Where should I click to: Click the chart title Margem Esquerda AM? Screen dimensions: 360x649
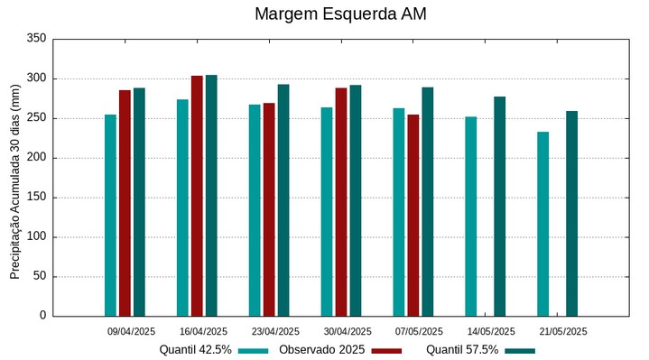pos(340,14)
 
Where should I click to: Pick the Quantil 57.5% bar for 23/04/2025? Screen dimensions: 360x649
pos(283,200)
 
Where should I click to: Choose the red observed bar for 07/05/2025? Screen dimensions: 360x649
pos(413,215)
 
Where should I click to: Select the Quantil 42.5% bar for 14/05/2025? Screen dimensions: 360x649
pos(471,217)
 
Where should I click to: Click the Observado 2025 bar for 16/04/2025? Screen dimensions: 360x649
pos(197,196)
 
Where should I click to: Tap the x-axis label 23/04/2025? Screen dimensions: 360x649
pos(275,331)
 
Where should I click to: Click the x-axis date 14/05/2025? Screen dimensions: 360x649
pos(492,331)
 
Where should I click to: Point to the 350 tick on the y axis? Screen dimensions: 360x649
pos(36,39)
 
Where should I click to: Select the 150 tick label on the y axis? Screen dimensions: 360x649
pos(36,198)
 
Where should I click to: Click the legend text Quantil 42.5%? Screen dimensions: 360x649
pos(196,350)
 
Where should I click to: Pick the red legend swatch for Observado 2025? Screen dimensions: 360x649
pos(386,350)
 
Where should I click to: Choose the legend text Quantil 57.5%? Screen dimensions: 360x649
pos(462,350)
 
